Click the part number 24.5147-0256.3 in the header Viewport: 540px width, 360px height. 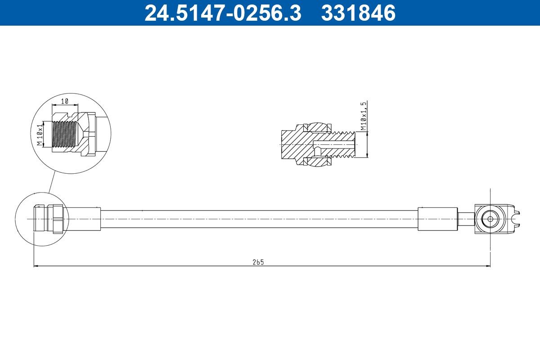(222, 13)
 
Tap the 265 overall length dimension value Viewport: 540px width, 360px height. (258, 262)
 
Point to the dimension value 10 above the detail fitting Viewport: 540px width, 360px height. (64, 101)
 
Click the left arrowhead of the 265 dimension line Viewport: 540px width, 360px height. (36, 266)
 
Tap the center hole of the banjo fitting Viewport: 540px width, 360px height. (488, 219)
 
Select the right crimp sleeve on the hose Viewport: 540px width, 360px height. (437, 219)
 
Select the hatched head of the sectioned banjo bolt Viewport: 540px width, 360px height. (292, 144)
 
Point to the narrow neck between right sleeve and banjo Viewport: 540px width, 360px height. (466, 219)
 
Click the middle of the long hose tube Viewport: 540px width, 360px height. (259, 219)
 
